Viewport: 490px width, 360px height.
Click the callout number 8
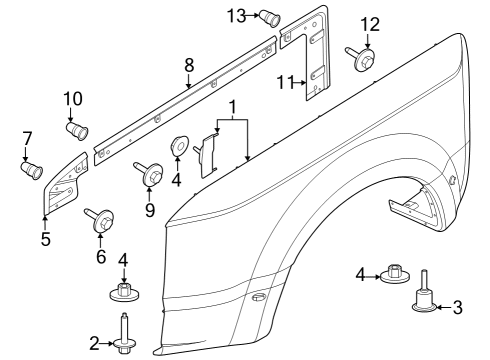pyautogui.click(x=188, y=66)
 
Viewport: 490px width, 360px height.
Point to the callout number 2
pyautogui.click(x=95, y=344)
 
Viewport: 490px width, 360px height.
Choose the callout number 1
pyautogui.click(x=232, y=106)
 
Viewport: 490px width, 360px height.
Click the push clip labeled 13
pyautogui.click(x=268, y=15)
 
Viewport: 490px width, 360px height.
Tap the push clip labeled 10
pyautogui.click(x=76, y=131)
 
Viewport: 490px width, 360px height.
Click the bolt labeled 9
pyautogui.click(x=153, y=176)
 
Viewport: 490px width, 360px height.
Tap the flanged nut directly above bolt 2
pyautogui.click(x=124, y=293)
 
